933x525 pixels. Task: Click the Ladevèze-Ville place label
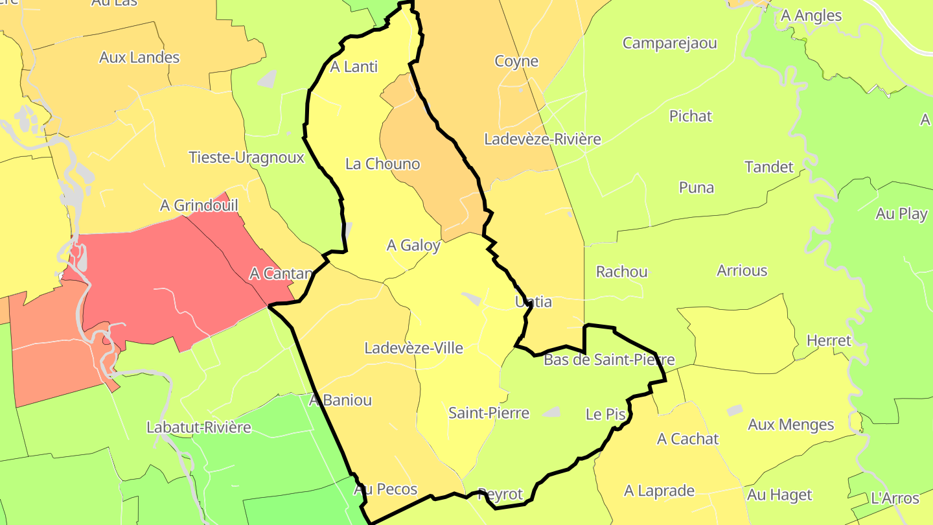point(413,348)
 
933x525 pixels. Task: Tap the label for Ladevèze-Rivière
point(542,139)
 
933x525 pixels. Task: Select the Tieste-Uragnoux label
point(246,157)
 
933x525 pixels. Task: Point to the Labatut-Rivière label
point(198,428)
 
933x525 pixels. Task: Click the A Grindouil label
point(199,205)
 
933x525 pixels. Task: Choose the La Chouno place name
point(382,164)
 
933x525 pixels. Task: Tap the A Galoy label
point(413,246)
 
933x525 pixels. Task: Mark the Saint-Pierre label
point(489,413)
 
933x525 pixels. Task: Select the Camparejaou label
point(669,43)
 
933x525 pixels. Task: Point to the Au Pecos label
point(385,489)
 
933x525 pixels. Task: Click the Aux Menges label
point(790,425)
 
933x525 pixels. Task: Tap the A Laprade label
point(659,491)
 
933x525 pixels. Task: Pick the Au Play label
point(901,214)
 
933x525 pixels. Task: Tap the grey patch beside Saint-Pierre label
point(551,412)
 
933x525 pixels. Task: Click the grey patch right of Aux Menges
point(734,410)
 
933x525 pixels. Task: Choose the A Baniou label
point(340,400)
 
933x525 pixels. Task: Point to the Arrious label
point(742,270)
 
